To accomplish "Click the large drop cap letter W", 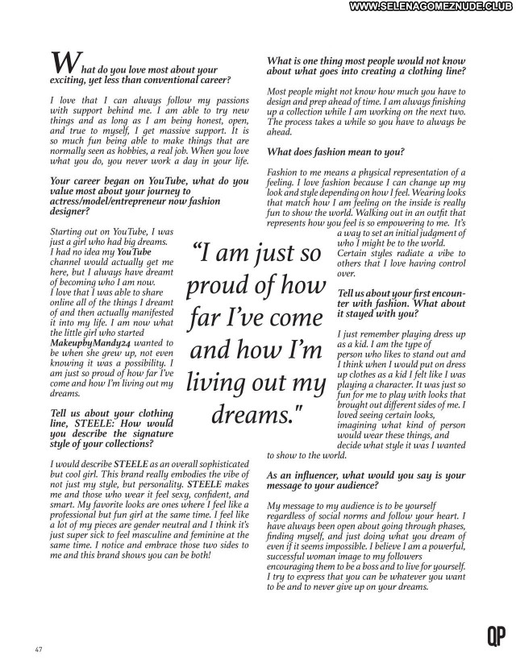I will [x=64, y=62].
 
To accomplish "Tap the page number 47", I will [x=38, y=649].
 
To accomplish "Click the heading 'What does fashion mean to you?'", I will [x=335, y=151].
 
